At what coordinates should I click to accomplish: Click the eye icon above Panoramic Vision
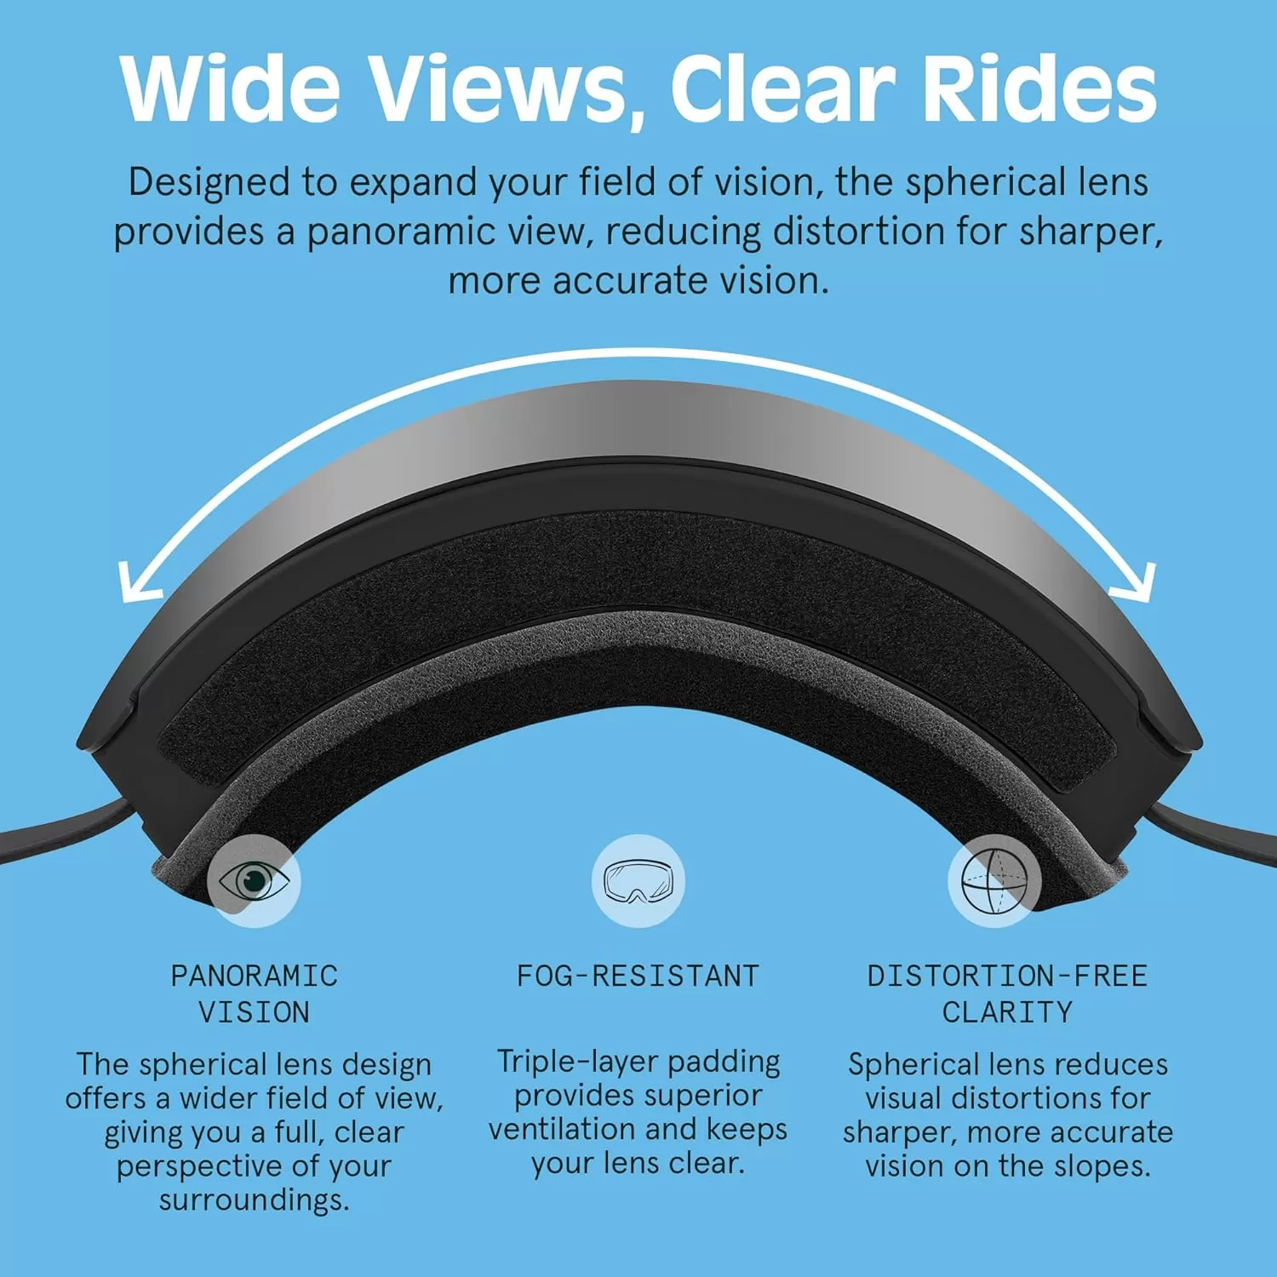point(254,880)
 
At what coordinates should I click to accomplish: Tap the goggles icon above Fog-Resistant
point(638,880)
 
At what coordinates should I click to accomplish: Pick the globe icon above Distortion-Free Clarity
point(994,880)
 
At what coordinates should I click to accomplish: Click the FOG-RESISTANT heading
point(638,976)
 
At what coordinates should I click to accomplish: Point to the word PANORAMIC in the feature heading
point(255,976)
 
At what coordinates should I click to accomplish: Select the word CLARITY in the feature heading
point(1007,1012)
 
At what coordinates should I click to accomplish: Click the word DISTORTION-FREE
point(1007,976)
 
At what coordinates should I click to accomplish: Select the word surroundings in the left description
point(254,1201)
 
